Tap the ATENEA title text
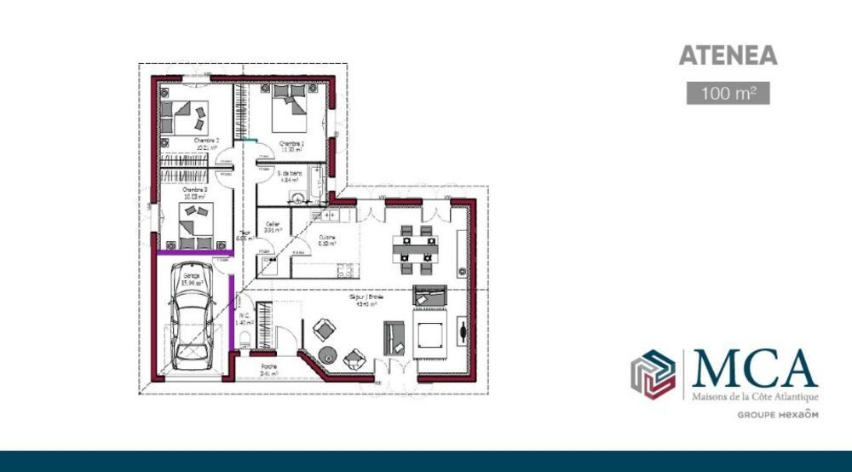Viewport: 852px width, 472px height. pyautogui.click(x=728, y=56)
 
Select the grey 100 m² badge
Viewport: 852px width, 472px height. pyautogui.click(x=728, y=94)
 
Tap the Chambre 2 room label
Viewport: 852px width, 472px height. pyautogui.click(x=206, y=141)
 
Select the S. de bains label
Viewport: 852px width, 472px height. pyautogui.click(x=291, y=173)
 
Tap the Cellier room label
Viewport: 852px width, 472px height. pyautogui.click(x=273, y=224)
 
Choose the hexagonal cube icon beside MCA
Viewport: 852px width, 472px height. pyautogui.click(x=652, y=373)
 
